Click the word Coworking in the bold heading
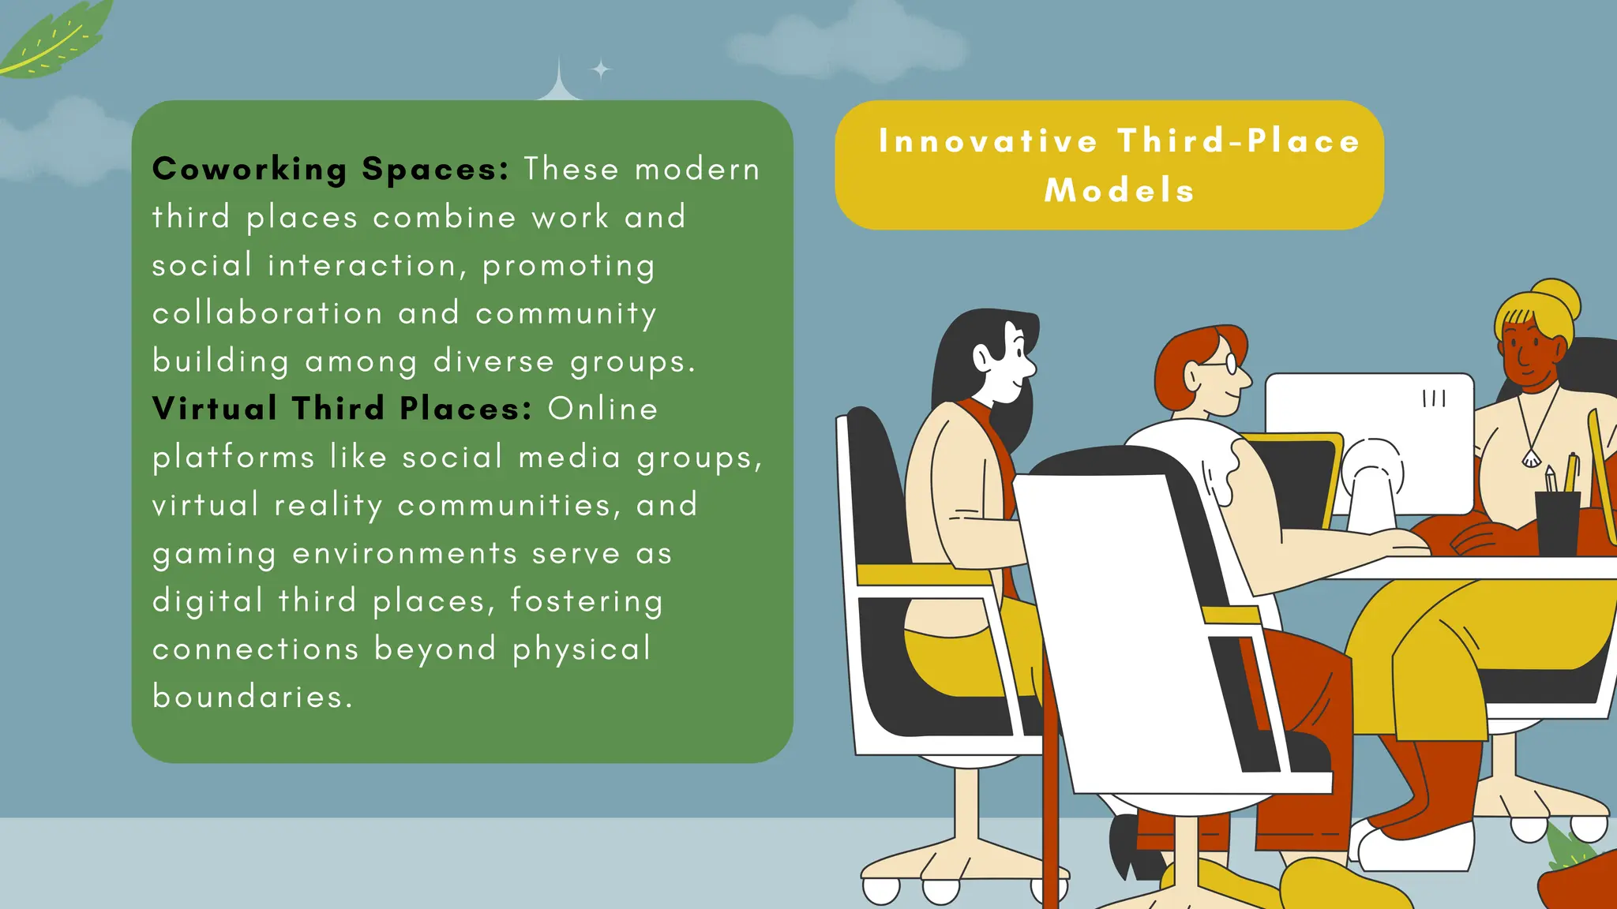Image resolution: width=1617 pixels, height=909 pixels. pos(249,170)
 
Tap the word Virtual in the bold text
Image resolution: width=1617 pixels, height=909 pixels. pos(214,409)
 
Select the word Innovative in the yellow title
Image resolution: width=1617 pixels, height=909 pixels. pos(988,141)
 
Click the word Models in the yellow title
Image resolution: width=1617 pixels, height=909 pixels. pos(1119,191)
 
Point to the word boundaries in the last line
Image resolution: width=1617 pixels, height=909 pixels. pos(252,697)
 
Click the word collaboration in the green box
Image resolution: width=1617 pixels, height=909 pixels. pos(267,313)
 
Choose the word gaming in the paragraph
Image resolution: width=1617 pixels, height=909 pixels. pos(214,555)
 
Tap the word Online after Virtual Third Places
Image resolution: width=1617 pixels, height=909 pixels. pos(602,409)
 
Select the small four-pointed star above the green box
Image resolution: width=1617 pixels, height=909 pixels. pos(601,70)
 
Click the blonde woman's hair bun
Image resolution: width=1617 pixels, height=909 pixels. pos(1557,298)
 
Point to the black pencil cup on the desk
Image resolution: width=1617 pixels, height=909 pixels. pos(1557,522)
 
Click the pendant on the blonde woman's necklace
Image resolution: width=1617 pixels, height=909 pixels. pos(1531,458)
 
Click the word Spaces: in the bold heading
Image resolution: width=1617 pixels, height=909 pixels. pos(435,170)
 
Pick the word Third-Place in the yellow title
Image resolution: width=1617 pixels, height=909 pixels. pos(1239,141)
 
